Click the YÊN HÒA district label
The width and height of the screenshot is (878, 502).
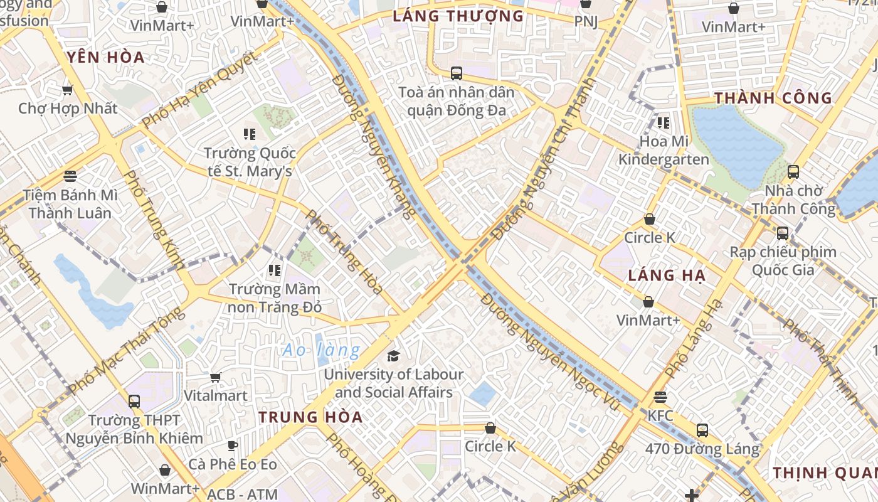(106, 58)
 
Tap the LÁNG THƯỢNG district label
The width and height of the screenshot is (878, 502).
(458, 16)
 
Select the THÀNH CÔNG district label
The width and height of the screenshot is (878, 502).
(773, 99)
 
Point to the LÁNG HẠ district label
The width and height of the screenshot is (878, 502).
(667, 275)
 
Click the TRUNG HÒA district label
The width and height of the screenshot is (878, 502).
(310, 417)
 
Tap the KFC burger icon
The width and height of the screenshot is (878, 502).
(660, 397)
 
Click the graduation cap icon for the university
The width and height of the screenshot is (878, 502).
(393, 356)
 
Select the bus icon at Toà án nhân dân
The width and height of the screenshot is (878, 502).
(457, 73)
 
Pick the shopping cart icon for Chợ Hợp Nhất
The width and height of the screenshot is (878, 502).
(68, 90)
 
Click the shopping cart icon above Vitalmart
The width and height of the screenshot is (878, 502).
(216, 377)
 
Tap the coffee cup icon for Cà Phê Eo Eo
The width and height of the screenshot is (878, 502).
(233, 446)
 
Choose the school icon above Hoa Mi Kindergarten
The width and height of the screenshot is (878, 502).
(663, 123)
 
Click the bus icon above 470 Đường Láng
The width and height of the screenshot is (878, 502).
(702, 430)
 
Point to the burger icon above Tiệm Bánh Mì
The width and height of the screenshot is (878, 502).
(70, 176)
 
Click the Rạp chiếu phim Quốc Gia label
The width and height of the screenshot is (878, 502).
(783, 261)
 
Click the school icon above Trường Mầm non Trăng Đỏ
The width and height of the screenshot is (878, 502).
(274, 270)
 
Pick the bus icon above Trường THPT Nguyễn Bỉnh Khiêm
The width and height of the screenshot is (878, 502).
(134, 402)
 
